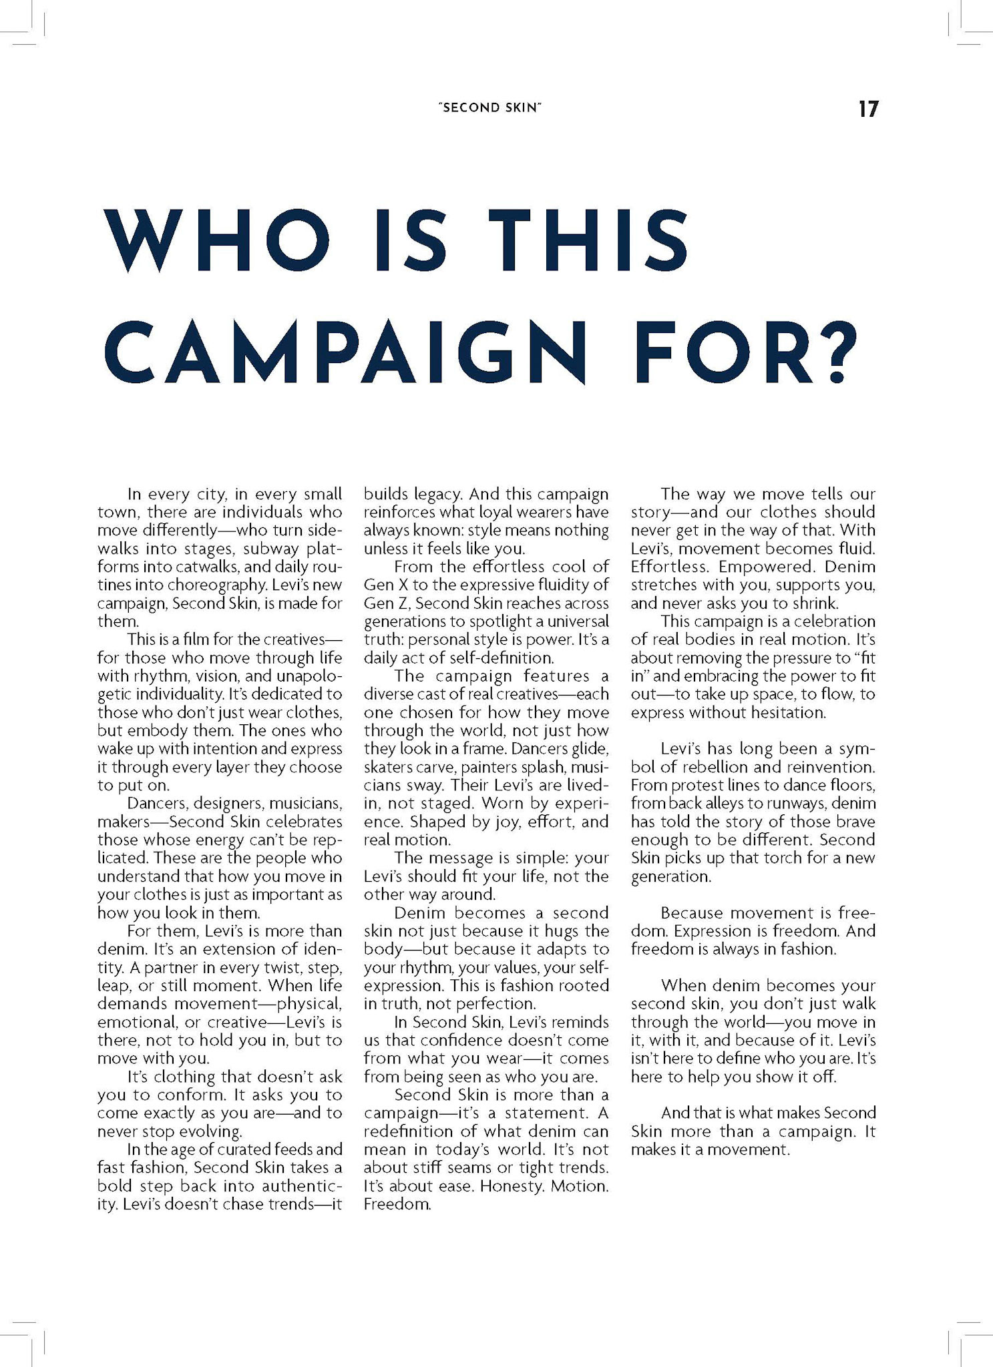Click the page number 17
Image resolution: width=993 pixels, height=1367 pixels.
tap(868, 109)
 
